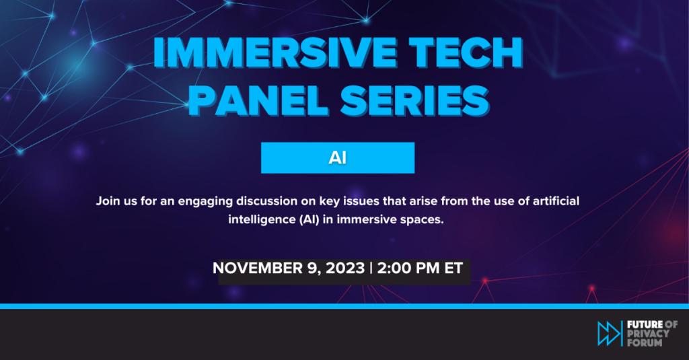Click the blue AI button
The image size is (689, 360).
tap(338, 157)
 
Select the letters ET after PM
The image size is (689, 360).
tap(454, 268)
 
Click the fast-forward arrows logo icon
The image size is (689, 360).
tap(608, 333)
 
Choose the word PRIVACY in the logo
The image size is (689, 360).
tap(648, 333)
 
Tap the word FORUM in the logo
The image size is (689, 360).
tap(645, 342)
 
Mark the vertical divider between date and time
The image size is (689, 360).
tap(371, 268)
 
